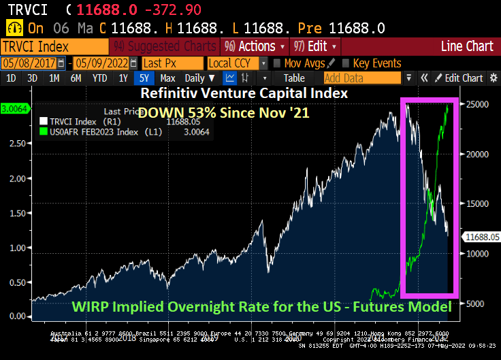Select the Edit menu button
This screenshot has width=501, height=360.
tap(312, 46)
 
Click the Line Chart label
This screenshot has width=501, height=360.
tap(466, 46)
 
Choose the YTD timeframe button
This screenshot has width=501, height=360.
tap(99, 78)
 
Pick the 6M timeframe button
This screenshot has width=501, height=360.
tap(75, 78)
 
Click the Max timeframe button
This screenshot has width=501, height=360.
tap(167, 78)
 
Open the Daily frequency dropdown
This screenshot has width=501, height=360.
tap(198, 78)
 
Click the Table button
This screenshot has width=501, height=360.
tap(294, 78)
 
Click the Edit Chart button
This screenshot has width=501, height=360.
tap(462, 78)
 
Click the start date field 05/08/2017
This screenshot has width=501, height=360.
tap(31, 63)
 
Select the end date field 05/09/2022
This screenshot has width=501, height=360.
tap(102, 63)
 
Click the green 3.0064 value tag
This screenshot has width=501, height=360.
tap(14, 109)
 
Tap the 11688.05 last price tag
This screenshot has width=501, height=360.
tap(481, 237)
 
